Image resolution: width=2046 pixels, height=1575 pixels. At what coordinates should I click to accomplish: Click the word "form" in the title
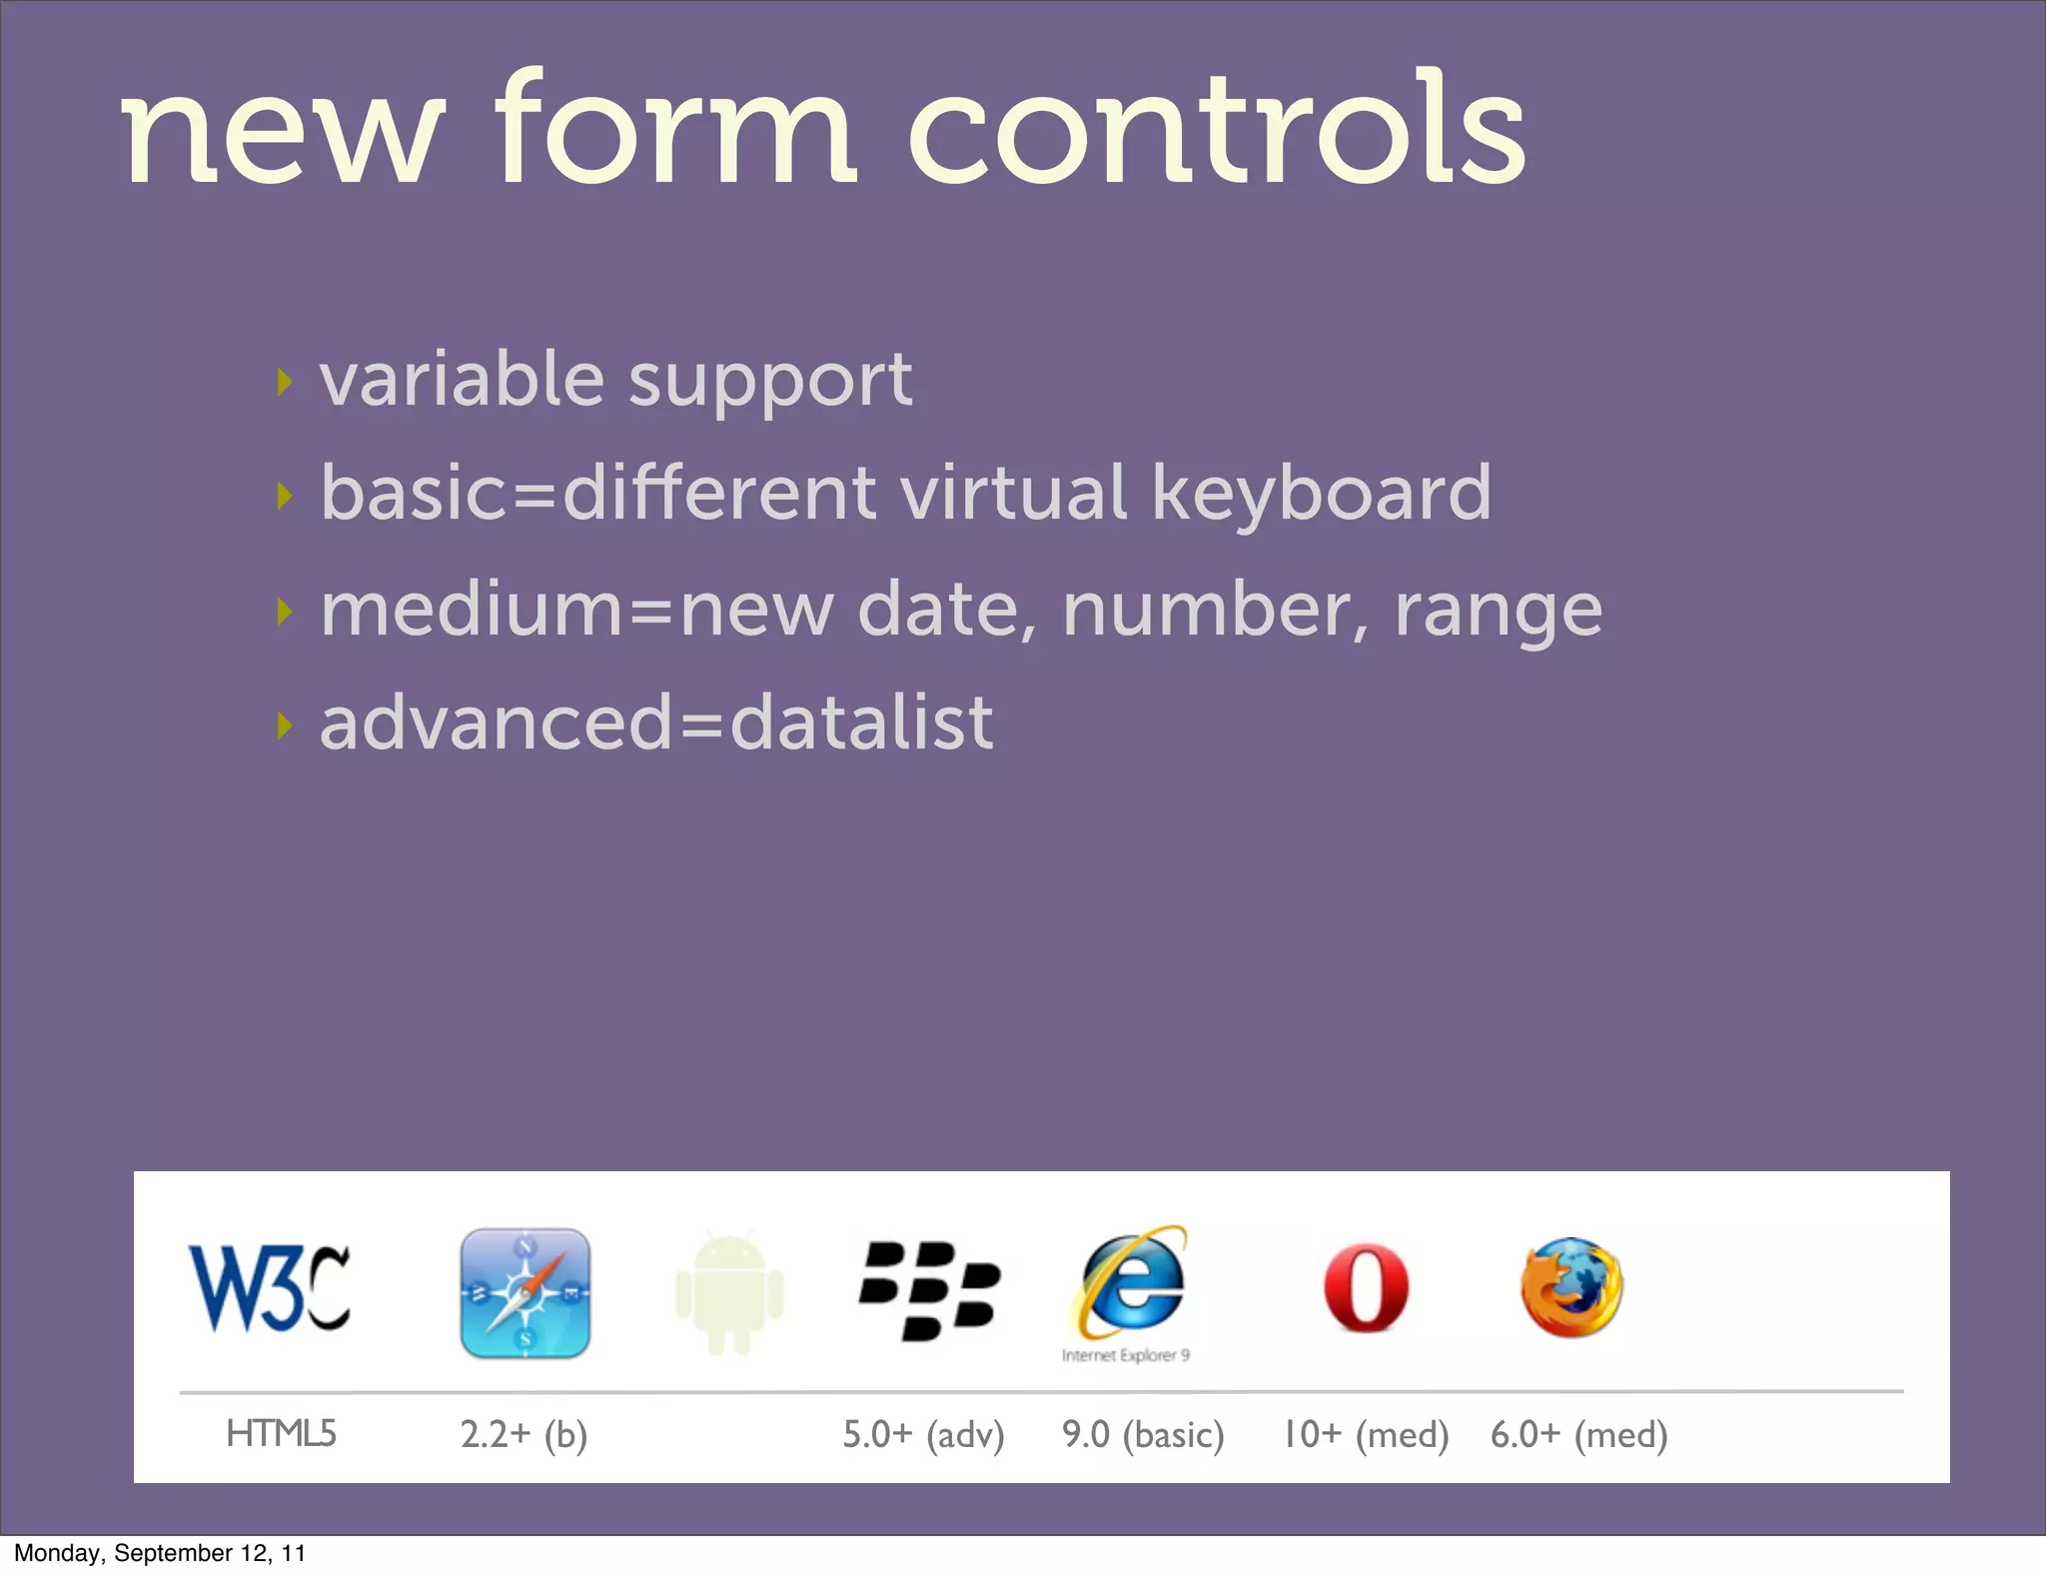tap(674, 130)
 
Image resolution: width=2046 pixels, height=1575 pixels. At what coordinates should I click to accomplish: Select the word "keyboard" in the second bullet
tap(1321, 494)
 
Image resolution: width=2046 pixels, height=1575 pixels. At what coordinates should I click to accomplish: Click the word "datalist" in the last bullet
tap(861, 723)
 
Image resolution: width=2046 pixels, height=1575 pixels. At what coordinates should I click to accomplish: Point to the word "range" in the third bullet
tap(1498, 610)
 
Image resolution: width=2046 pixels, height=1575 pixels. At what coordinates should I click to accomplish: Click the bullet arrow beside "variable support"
tap(285, 381)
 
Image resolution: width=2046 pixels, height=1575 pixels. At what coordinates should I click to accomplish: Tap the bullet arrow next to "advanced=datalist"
tap(285, 726)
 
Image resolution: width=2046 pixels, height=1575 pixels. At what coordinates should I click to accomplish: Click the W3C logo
tap(269, 1288)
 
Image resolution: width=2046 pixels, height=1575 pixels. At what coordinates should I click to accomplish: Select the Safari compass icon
tap(525, 1292)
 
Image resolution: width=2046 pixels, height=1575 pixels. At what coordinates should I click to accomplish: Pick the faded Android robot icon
tap(729, 1293)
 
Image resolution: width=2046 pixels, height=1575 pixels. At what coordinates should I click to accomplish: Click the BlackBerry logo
tap(929, 1290)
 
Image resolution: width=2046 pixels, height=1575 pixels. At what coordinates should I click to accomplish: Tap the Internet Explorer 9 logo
tap(1132, 1286)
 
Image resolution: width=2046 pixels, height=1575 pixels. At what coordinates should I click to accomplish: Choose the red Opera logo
tap(1366, 1288)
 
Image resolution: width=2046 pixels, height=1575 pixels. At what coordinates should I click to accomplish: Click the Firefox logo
tap(1571, 1288)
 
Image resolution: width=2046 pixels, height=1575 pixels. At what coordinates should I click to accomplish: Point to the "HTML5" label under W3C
tap(281, 1434)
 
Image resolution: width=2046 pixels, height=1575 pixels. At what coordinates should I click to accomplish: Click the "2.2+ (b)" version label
tap(523, 1435)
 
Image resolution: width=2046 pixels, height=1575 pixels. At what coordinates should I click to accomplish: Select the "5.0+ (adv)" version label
tap(923, 1435)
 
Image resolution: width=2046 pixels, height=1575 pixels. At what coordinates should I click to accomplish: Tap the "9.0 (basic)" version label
tap(1143, 1435)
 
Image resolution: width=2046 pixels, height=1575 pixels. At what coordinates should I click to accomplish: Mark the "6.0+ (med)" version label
tap(1578, 1435)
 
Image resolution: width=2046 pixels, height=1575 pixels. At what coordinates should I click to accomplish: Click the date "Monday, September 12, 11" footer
tap(160, 1553)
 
